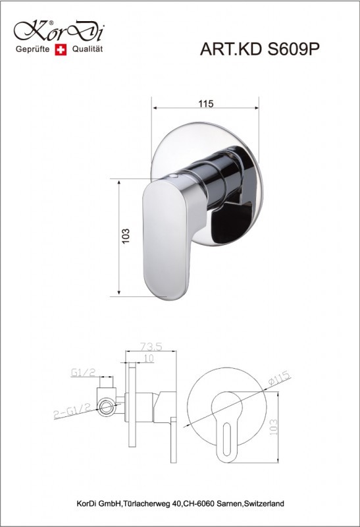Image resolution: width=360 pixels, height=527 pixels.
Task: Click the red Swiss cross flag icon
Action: [61, 50]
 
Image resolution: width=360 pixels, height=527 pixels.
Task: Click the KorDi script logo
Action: [59, 31]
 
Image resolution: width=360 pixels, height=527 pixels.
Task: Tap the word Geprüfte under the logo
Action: [32, 49]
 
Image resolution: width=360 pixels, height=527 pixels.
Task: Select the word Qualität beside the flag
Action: [88, 49]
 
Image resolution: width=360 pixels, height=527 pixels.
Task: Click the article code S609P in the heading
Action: [294, 49]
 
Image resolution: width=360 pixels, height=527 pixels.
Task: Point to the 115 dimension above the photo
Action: [205, 103]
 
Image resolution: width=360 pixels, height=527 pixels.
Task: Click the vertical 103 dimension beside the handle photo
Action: [125, 236]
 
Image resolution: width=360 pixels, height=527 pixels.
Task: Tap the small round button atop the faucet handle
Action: [174, 176]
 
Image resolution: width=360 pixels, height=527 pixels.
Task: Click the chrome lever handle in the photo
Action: [167, 239]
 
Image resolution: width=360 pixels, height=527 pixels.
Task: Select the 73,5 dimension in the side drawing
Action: [151, 346]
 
